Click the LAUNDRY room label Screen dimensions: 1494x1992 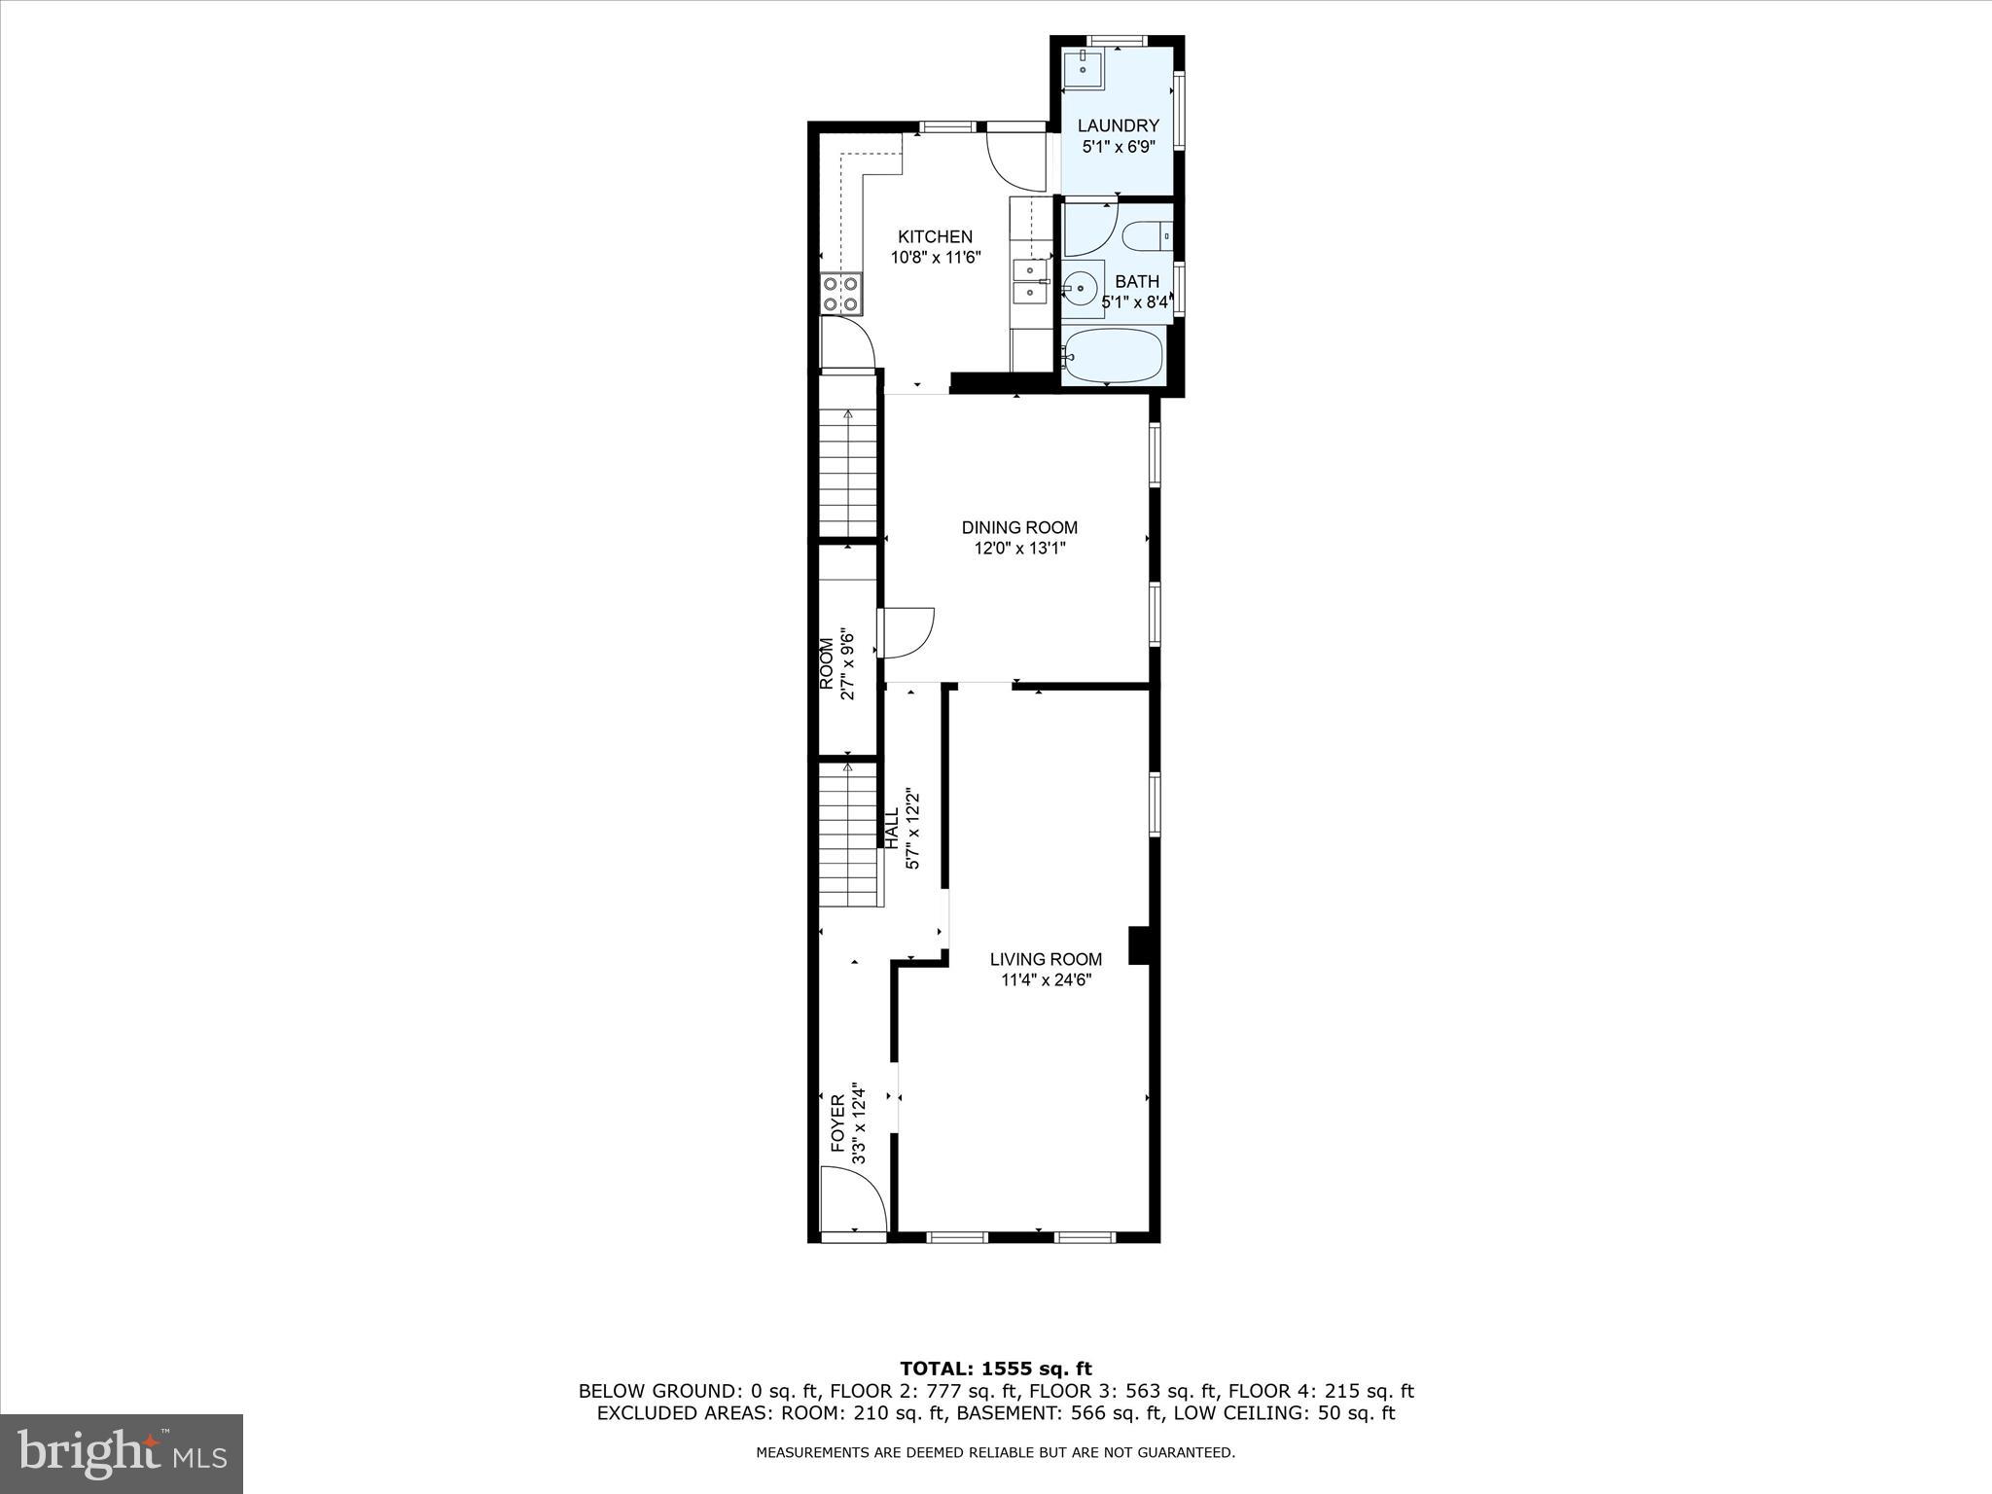(1118, 125)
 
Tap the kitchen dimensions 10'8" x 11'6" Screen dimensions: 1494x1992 (935, 258)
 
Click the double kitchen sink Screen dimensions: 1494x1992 (1028, 282)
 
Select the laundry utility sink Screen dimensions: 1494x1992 (1082, 70)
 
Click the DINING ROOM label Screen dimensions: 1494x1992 (1019, 527)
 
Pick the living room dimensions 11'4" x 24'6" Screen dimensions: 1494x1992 (1046, 980)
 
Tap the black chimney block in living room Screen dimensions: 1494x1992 (1139, 945)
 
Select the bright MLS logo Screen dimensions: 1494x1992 (122, 1453)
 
